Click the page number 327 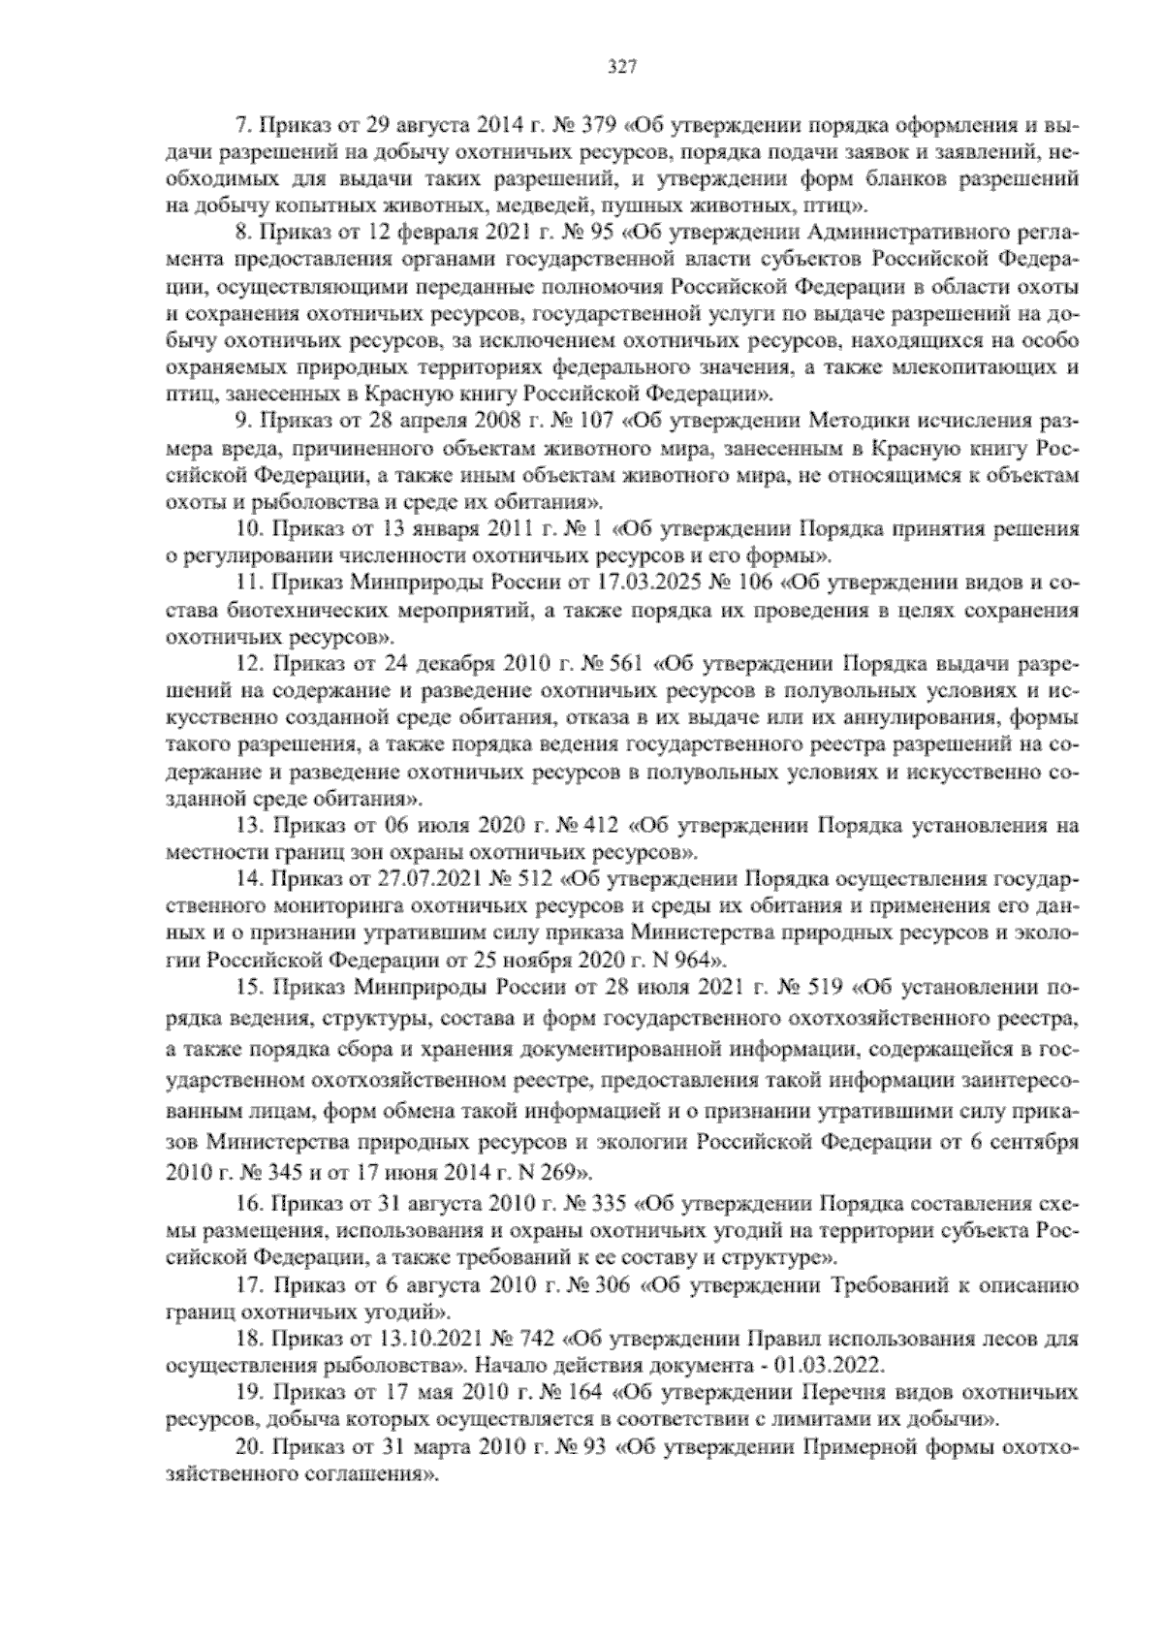[x=620, y=66]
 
